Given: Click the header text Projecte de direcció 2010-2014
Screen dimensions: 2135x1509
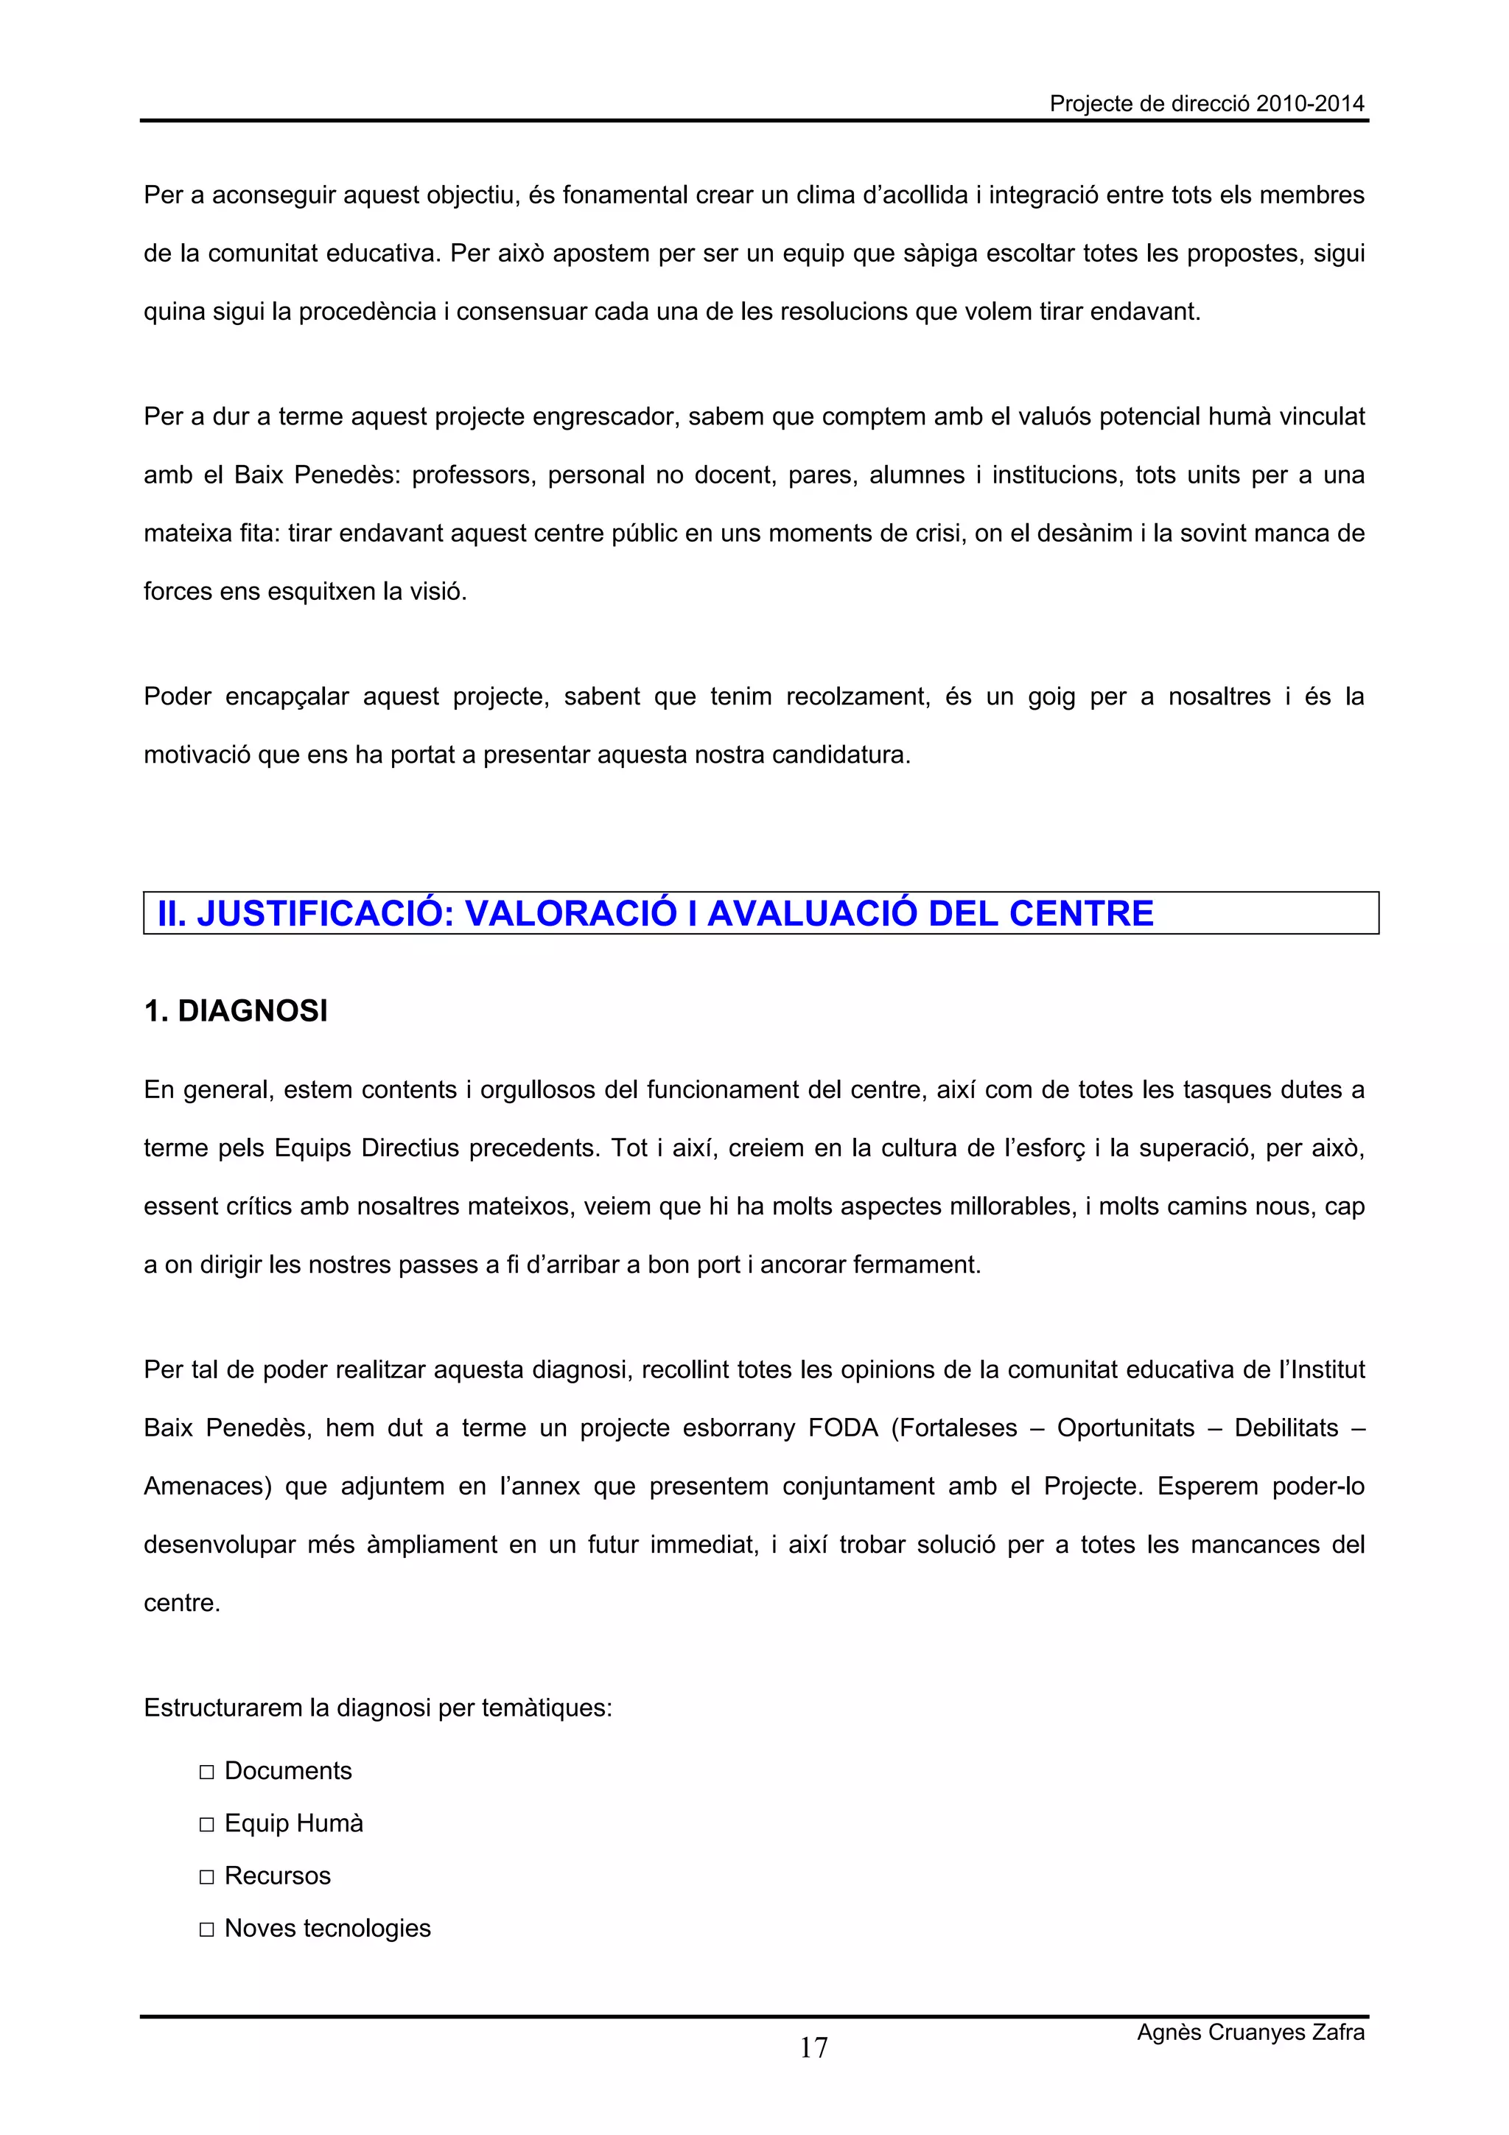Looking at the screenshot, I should pos(1206,103).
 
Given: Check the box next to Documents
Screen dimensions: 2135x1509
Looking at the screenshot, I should pos(206,1772).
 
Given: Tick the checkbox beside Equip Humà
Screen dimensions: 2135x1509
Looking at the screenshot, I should pos(206,1825).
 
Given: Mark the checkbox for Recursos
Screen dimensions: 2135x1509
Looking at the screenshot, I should pos(206,1877).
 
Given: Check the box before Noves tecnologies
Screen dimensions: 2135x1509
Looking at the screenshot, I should pos(206,1929).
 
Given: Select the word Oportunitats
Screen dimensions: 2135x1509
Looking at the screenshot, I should pos(1125,1428).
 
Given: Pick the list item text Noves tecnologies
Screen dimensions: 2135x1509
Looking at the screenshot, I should pos(327,1929).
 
